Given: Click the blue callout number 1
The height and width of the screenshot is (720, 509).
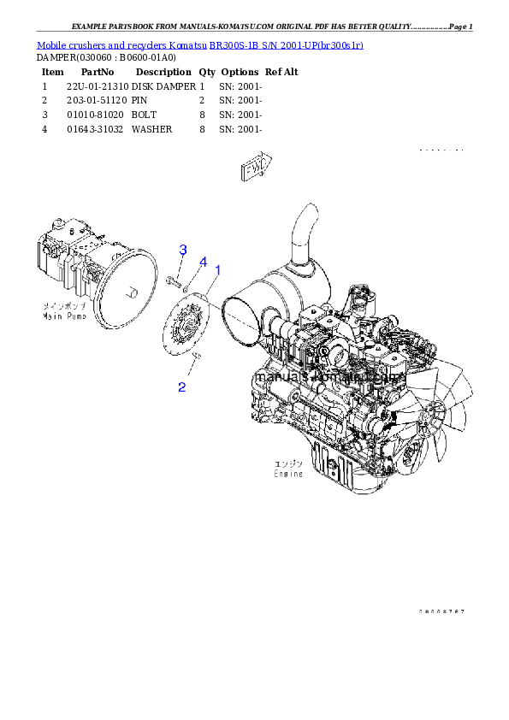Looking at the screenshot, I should click(x=217, y=269).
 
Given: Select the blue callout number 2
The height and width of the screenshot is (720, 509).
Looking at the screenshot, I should click(x=181, y=387).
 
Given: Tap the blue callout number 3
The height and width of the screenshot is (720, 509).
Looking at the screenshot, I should click(x=182, y=250).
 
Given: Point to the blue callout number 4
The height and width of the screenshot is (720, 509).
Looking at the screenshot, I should click(x=203, y=261).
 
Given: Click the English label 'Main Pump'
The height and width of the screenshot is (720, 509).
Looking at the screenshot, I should click(x=64, y=316).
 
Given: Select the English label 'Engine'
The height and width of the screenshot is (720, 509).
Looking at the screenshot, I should click(x=287, y=472).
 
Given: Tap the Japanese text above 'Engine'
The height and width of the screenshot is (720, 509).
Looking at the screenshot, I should click(x=287, y=463).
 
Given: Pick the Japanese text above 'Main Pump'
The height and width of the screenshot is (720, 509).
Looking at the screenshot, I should click(x=63, y=305).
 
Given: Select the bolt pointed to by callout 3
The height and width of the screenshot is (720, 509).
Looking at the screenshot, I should click(x=174, y=280).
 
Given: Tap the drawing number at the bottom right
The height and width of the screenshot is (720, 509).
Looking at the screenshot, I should click(x=441, y=612).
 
